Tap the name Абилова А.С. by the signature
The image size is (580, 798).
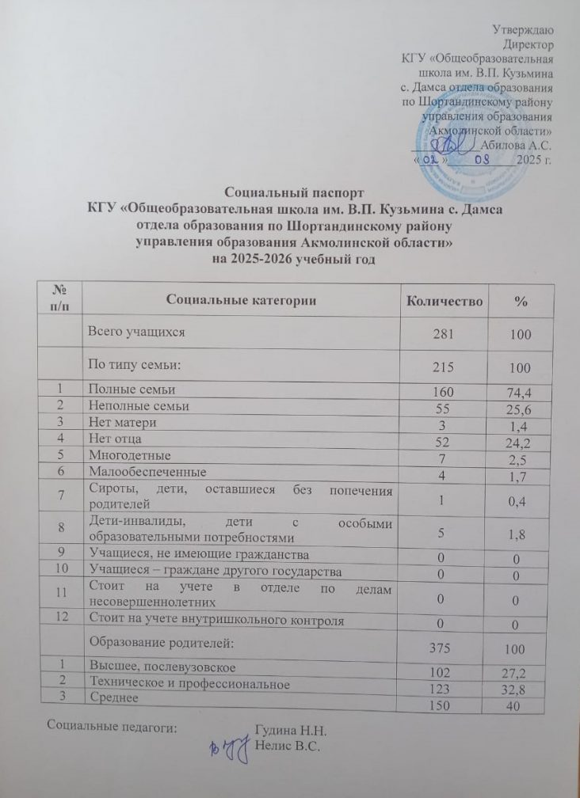(x=517, y=145)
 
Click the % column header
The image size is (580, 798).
(x=521, y=302)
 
